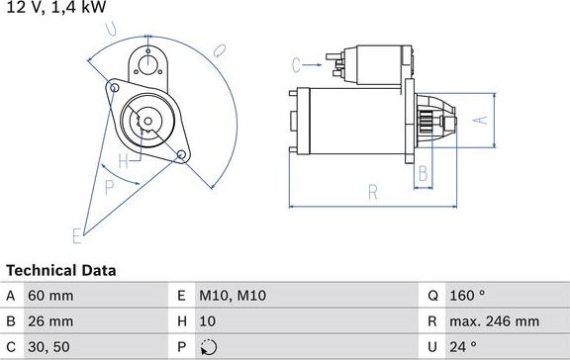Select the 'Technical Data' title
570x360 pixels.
click(61, 270)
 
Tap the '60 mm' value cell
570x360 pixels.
click(50, 296)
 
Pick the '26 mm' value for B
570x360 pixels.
click(50, 321)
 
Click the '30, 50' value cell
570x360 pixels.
click(50, 347)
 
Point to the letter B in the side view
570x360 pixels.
click(422, 174)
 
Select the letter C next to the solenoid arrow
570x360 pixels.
click(296, 65)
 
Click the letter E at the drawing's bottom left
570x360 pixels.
click(76, 234)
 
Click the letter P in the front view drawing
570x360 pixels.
click(109, 184)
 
